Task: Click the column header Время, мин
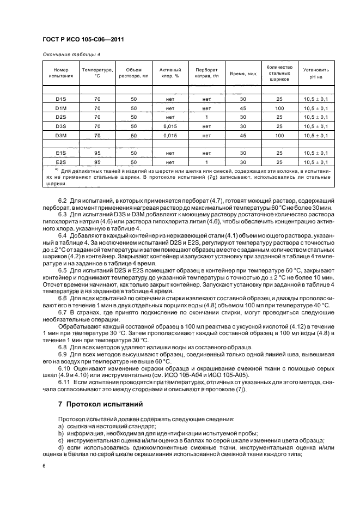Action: (243, 73)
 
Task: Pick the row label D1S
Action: (61, 99)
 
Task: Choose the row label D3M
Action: (61, 135)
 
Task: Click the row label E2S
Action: (61, 162)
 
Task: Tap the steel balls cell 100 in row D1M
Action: (279, 108)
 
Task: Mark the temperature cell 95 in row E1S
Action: (97, 153)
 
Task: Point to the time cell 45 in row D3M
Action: (243, 135)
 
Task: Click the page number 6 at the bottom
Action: (44, 466)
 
